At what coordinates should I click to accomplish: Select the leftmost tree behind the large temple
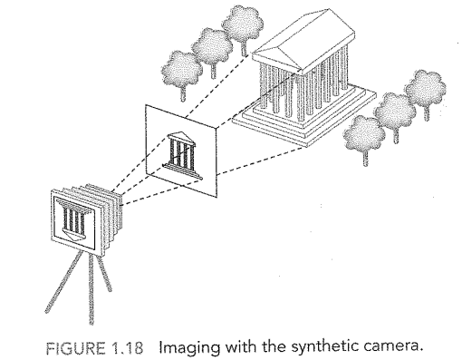pyautogui.click(x=178, y=63)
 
